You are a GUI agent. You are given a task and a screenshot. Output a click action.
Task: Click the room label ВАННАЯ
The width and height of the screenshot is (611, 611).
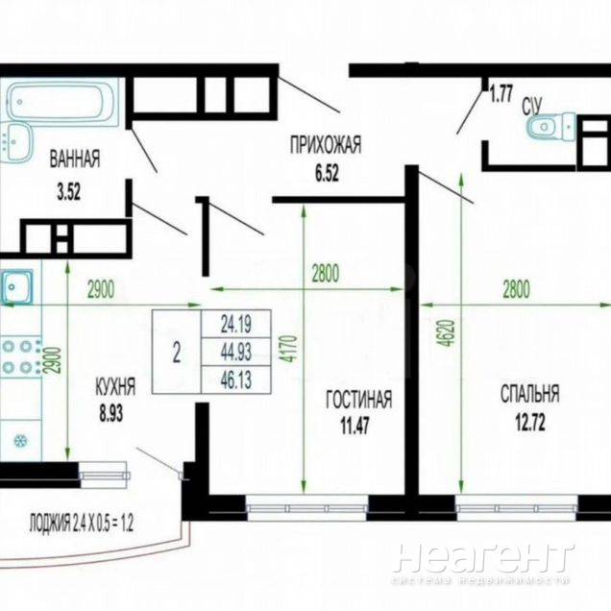[x=75, y=159]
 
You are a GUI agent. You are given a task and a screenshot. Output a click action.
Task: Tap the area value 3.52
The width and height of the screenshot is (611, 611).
[x=69, y=192]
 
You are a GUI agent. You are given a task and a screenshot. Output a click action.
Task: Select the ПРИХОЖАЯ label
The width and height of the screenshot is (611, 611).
[x=326, y=144]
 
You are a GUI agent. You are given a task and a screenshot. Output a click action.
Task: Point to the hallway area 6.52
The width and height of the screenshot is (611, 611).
[x=327, y=173]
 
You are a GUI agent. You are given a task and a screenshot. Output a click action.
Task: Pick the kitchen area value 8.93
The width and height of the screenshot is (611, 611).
[x=111, y=414]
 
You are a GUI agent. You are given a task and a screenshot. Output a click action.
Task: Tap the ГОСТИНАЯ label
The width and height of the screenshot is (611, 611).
[x=359, y=399]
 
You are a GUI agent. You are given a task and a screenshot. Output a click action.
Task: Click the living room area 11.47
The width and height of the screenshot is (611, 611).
[x=355, y=426]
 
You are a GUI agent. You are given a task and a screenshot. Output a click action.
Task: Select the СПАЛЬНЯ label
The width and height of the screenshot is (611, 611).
[x=530, y=394]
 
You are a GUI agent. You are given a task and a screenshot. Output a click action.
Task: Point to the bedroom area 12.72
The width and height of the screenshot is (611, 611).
[x=530, y=423]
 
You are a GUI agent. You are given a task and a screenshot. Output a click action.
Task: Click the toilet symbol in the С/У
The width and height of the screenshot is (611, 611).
[x=550, y=126]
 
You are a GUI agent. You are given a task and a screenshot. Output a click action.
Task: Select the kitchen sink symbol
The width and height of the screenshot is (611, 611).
[x=16, y=287]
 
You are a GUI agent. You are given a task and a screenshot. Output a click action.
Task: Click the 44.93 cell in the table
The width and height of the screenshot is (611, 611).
[x=235, y=352]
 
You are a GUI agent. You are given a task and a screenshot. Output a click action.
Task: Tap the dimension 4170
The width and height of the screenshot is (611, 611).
[x=291, y=349]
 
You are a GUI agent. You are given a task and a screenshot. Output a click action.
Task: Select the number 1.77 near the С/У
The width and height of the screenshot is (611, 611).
[x=501, y=94]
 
